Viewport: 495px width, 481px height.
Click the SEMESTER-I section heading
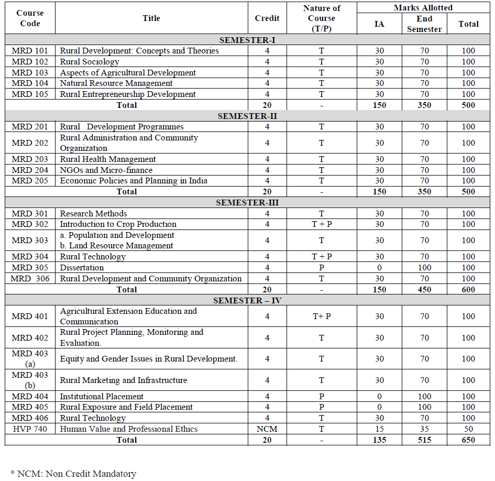247,40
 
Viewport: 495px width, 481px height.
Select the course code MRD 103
30,73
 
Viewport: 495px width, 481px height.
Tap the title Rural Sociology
90,62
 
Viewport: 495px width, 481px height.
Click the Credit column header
267,18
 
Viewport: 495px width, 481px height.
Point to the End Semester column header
424,24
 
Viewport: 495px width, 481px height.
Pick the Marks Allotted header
424,8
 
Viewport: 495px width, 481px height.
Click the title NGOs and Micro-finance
106,170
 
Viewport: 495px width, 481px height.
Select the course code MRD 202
30,143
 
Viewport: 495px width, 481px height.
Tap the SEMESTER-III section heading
247,203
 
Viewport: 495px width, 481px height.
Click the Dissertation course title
82,267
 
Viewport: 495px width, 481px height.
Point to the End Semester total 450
424,289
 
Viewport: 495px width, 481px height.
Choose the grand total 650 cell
468,440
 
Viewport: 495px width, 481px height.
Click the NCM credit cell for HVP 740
267,429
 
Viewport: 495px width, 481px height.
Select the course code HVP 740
30,429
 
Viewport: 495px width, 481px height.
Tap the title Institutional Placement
102,397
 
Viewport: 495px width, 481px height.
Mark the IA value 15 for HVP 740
379,429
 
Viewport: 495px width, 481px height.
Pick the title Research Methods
94,214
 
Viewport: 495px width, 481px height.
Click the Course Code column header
30,18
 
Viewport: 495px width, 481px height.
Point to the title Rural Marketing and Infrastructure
124,380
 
